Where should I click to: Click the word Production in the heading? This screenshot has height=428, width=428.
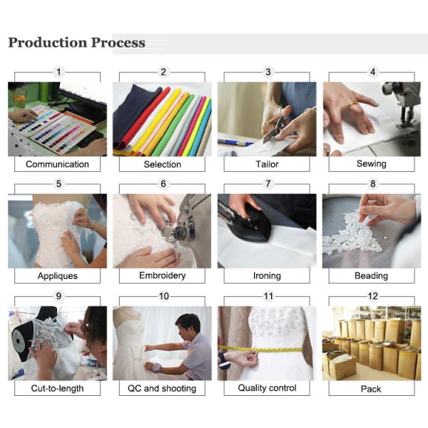[48, 43]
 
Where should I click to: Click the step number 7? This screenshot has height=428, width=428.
[268, 184]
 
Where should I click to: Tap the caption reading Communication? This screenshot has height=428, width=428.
[57, 164]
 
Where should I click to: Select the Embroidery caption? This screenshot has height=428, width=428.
[163, 275]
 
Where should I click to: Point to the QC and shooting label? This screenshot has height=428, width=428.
[162, 389]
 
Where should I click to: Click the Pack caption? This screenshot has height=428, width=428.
[371, 389]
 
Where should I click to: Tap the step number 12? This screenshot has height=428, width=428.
[373, 296]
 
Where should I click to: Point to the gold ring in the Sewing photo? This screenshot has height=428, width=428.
[352, 104]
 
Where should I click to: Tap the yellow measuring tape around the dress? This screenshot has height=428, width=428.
[260, 350]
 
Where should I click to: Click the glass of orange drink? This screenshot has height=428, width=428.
[20, 99]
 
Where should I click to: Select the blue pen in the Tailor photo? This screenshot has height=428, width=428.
[235, 142]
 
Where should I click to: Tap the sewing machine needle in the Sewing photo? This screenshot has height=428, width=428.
[404, 118]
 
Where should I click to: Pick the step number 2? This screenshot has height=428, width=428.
[163, 72]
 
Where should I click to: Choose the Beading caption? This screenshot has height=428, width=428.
[371, 275]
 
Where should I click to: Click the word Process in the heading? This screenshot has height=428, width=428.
[118, 43]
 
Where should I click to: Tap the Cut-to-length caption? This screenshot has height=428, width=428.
[57, 389]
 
